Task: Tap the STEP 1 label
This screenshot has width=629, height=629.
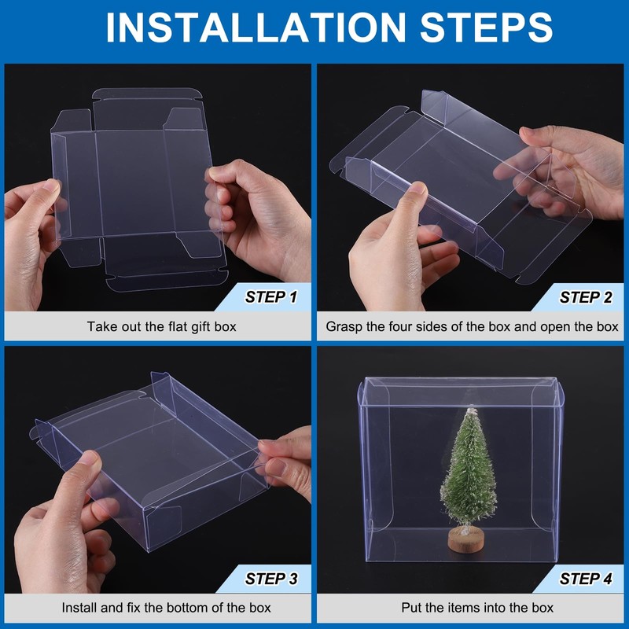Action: (x=271, y=297)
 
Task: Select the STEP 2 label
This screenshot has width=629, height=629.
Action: (x=586, y=297)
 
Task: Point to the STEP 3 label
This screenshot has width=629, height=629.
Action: (x=271, y=579)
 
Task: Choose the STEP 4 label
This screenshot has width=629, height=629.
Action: (x=586, y=579)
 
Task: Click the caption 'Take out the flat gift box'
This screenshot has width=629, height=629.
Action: (x=161, y=326)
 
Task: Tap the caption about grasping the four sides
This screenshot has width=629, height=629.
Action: (x=472, y=326)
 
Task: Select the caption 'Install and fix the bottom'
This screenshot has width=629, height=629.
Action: (x=166, y=607)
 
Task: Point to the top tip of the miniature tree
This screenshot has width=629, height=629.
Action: (x=471, y=410)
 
